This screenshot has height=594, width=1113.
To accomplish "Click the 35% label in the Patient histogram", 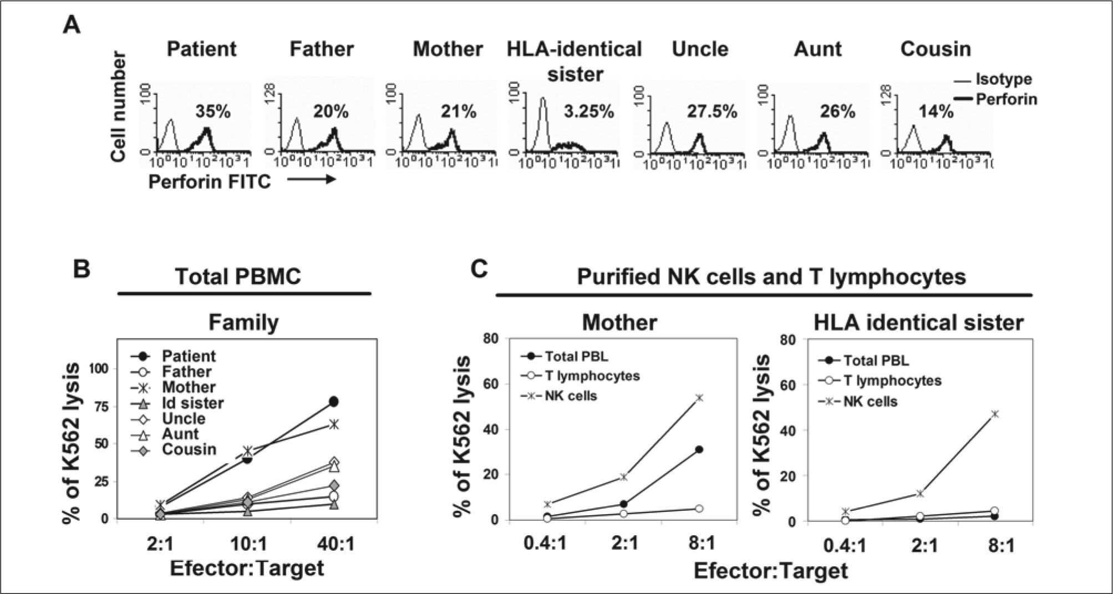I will click(x=212, y=112).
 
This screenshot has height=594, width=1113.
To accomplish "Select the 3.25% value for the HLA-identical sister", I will click(x=589, y=112).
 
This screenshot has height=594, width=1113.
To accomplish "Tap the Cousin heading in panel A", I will click(x=936, y=49).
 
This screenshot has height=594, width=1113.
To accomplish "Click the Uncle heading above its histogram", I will click(x=700, y=49).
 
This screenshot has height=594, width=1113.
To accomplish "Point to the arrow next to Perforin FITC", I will click(x=312, y=180).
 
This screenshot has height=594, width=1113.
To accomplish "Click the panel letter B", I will click(x=82, y=270).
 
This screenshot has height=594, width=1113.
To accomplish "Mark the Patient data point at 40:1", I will click(x=334, y=402).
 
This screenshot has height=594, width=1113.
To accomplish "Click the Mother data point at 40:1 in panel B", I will click(x=334, y=424).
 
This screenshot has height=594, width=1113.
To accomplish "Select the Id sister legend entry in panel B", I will click(x=192, y=403).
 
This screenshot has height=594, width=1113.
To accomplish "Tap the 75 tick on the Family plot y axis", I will click(x=104, y=405).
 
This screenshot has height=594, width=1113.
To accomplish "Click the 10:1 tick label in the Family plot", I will click(x=248, y=544).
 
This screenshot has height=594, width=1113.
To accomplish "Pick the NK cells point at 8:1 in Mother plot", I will click(x=699, y=398).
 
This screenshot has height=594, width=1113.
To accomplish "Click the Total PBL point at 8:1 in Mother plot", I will click(x=699, y=449).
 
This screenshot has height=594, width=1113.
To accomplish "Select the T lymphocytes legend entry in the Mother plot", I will click(x=591, y=376).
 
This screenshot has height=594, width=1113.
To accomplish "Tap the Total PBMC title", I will click(x=238, y=276).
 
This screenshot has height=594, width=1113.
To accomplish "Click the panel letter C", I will click(x=480, y=270).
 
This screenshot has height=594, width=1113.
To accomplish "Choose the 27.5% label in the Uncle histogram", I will click(x=713, y=112).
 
